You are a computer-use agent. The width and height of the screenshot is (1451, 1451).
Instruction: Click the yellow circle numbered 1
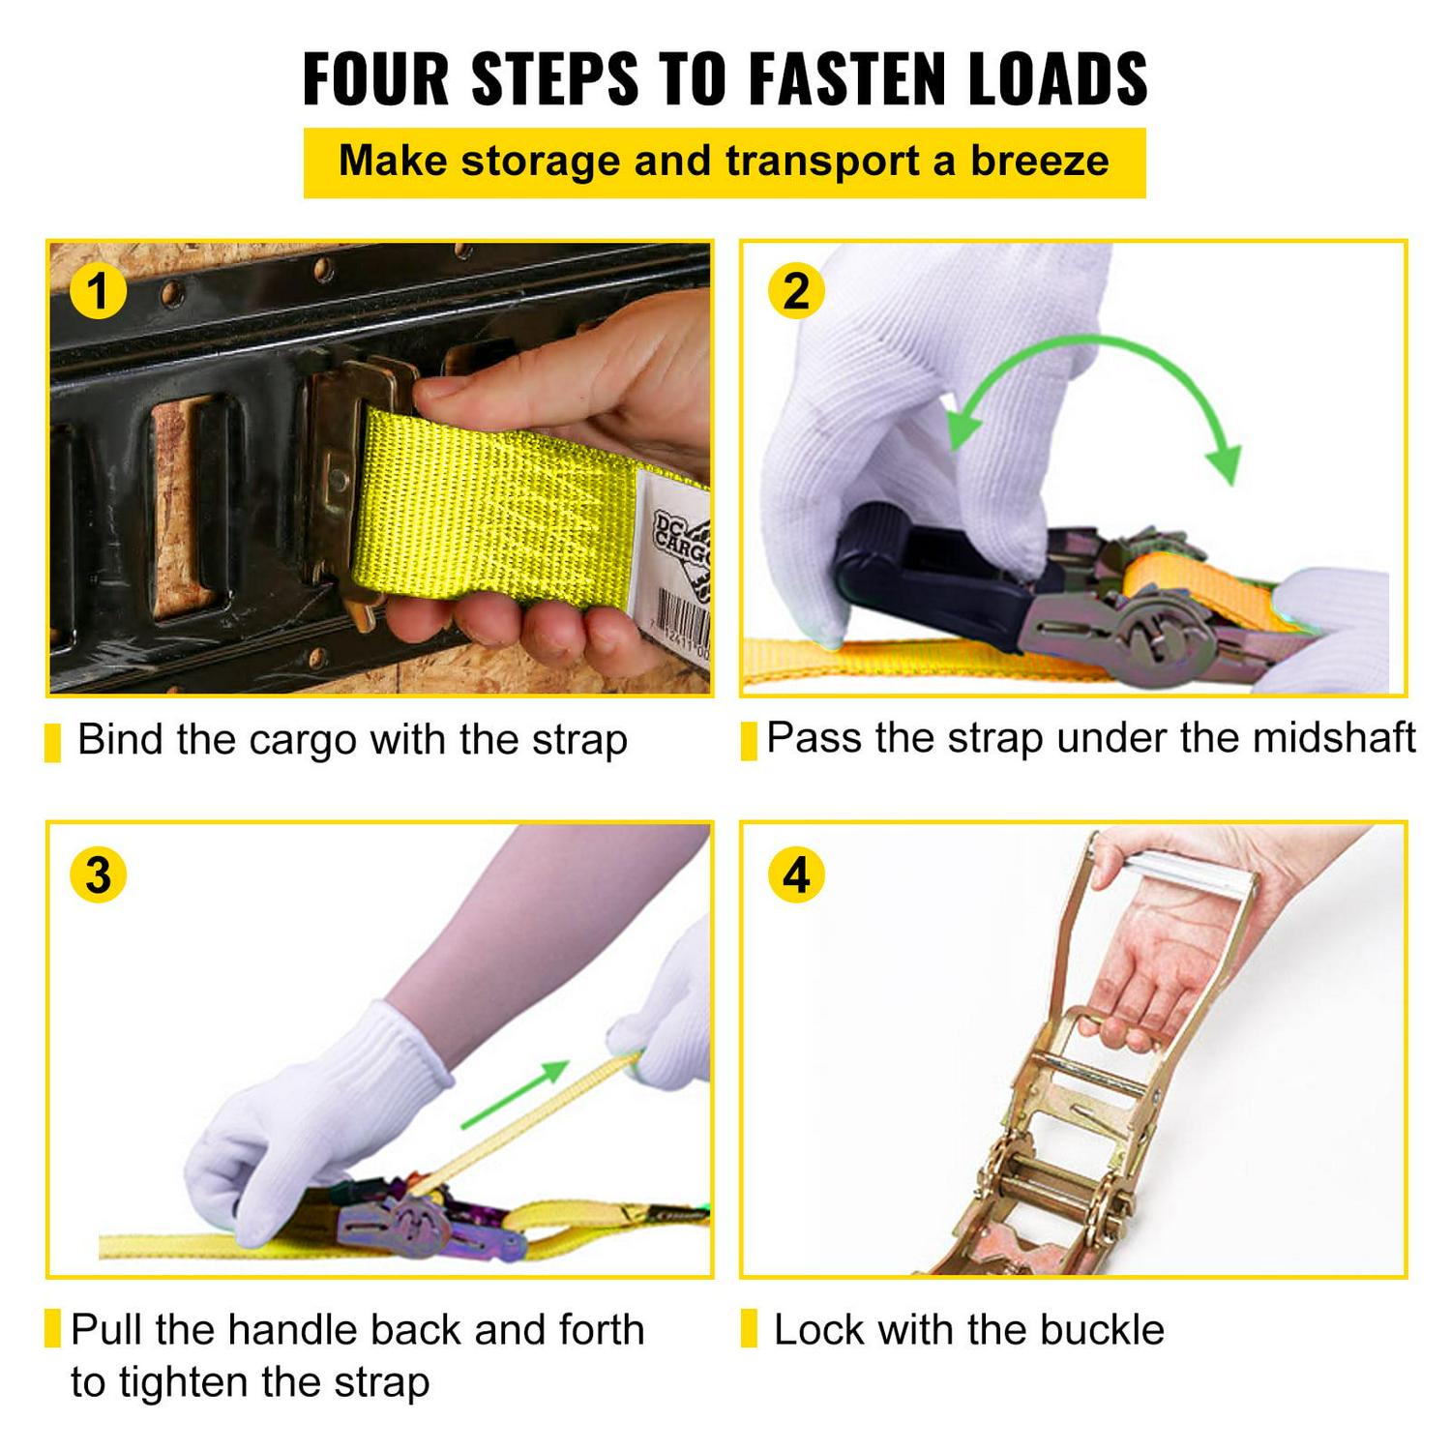coord(98,291)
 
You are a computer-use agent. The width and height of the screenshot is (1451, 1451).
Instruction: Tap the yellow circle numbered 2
coord(795,291)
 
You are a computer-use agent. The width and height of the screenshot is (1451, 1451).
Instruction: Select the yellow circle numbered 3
coord(98,874)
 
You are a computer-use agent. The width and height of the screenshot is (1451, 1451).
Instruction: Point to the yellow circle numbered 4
coord(795,874)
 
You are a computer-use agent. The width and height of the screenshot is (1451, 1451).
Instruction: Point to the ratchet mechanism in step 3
coord(416,1224)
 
